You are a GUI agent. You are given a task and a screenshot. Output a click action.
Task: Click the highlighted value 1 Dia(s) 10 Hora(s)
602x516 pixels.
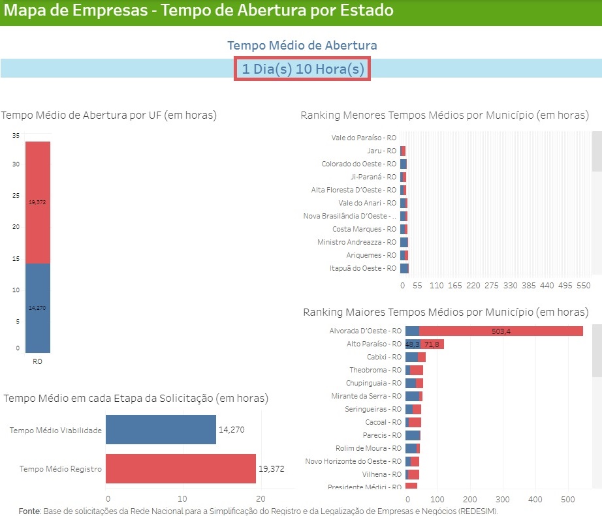pyautogui.click(x=302, y=69)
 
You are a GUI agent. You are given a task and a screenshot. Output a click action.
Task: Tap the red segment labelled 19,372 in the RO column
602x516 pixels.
pyautogui.click(x=37, y=202)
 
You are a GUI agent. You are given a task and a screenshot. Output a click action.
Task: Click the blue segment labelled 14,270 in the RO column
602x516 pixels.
pyautogui.click(x=37, y=307)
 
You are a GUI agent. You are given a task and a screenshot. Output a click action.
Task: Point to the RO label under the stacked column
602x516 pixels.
pyautogui.click(x=37, y=361)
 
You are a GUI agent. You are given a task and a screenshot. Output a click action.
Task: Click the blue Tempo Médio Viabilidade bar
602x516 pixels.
pyautogui.click(x=161, y=430)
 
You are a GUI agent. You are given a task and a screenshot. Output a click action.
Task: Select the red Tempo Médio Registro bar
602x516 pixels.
pyautogui.click(x=180, y=468)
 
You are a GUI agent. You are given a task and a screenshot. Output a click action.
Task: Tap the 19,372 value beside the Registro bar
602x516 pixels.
pyautogui.click(x=272, y=468)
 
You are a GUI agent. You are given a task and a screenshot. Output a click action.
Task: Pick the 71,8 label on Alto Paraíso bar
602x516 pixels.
pyautogui.click(x=432, y=344)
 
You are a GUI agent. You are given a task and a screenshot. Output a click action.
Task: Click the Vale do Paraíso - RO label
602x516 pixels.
pyautogui.click(x=364, y=138)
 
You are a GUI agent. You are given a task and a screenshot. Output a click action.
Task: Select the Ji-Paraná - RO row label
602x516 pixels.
pyautogui.click(x=373, y=177)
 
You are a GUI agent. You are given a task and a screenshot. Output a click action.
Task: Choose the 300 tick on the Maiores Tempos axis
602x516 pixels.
pyautogui.click(x=502, y=500)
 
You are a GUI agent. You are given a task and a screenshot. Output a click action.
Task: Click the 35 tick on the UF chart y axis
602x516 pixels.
pyautogui.click(x=16, y=135)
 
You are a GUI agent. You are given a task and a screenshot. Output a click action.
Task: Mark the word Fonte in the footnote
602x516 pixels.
pyautogui.click(x=29, y=511)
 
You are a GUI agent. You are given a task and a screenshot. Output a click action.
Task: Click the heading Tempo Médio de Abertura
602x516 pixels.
pyautogui.click(x=302, y=46)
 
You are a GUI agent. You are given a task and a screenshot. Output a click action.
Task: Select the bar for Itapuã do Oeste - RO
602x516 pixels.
pyautogui.click(x=404, y=268)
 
